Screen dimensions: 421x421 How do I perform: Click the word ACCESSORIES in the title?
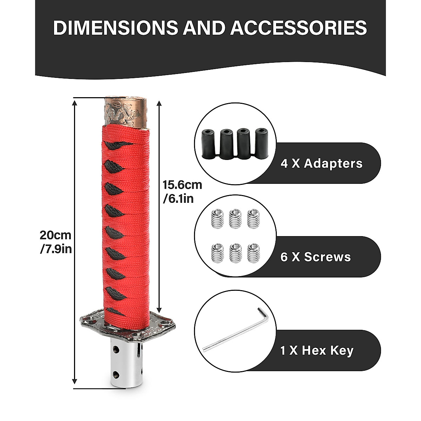pyautogui.click(x=299, y=28)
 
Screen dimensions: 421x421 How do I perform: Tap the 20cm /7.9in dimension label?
pyautogui.click(x=56, y=242)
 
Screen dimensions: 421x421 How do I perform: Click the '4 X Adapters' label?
pyautogui.click(x=321, y=163)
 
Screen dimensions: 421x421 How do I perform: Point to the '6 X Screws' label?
pyautogui.click(x=315, y=257)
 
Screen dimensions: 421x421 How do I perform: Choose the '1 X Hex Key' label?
pyautogui.click(x=317, y=350)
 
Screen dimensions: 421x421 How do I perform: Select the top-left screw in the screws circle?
pyautogui.click(x=218, y=219)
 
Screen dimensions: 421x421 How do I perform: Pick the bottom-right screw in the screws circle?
pyautogui.click(x=254, y=253)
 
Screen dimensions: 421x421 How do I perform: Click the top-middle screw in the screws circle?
pyautogui.click(x=235, y=219)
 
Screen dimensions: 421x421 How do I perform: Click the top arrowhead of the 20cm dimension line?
pyautogui.click(x=74, y=102)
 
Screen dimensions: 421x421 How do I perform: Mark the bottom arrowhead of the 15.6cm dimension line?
pyautogui.click(x=160, y=307)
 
